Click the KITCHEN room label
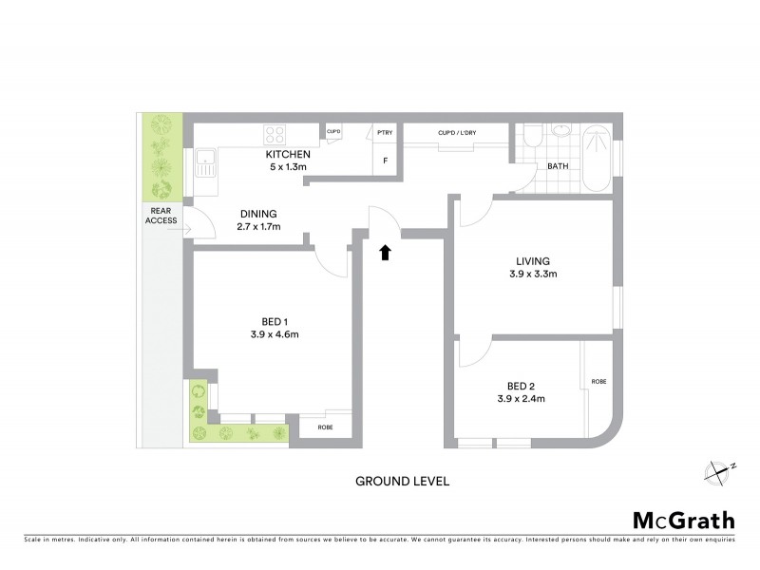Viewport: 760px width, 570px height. pyautogui.click(x=286, y=154)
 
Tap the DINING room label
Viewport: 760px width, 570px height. pyautogui.click(x=257, y=213)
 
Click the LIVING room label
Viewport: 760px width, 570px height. pyautogui.click(x=533, y=261)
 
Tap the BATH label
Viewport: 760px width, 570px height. pyautogui.click(x=557, y=167)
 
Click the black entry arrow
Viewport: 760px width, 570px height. pyautogui.click(x=386, y=252)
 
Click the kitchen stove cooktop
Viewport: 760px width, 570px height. pyautogui.click(x=276, y=134)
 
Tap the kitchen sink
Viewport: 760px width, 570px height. pyautogui.click(x=205, y=163)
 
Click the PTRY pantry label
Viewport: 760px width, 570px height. pyautogui.click(x=385, y=133)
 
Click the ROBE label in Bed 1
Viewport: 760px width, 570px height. pyautogui.click(x=325, y=427)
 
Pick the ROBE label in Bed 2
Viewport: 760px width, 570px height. pyautogui.click(x=598, y=381)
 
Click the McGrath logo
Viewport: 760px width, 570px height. pyautogui.click(x=683, y=520)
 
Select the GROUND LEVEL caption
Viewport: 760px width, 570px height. pyautogui.click(x=402, y=481)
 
